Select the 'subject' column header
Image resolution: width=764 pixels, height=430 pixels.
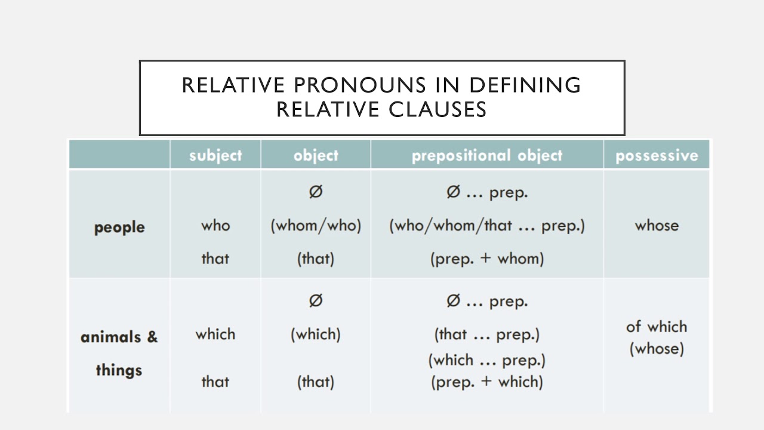coord(215,155)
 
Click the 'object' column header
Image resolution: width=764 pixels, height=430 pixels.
coord(316,155)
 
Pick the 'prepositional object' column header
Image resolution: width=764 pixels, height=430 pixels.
coord(487,155)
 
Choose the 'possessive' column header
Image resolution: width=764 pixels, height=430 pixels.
coord(657,156)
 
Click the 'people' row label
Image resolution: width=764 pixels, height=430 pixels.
coord(119,228)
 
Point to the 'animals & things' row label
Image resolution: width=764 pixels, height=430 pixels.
coord(119,353)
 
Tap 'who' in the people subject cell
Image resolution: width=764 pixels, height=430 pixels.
coord(215,226)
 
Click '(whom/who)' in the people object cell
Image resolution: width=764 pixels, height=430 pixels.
coord(316,226)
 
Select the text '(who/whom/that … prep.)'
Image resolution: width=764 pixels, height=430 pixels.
coord(487,226)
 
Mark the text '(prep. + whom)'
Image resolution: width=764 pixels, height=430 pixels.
coord(487,259)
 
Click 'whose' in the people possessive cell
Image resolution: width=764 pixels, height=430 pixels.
coord(657,226)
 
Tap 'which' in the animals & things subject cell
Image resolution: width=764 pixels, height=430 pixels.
coord(215,334)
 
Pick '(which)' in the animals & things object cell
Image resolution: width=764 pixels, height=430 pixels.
coord(316,334)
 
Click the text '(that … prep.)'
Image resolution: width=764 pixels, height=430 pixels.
coord(487,334)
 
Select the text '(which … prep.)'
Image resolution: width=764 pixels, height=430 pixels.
coord(487,360)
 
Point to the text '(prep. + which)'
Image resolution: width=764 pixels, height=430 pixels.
coord(487,382)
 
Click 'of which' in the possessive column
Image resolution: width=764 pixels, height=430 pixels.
coord(657,327)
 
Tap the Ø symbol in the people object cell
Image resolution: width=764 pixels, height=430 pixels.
coord(316,192)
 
